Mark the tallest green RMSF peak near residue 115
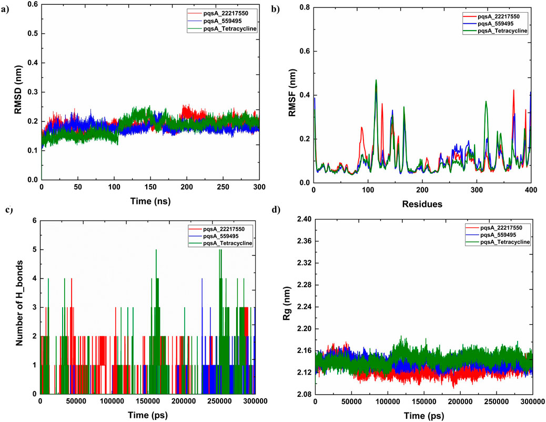(x=376, y=80)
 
